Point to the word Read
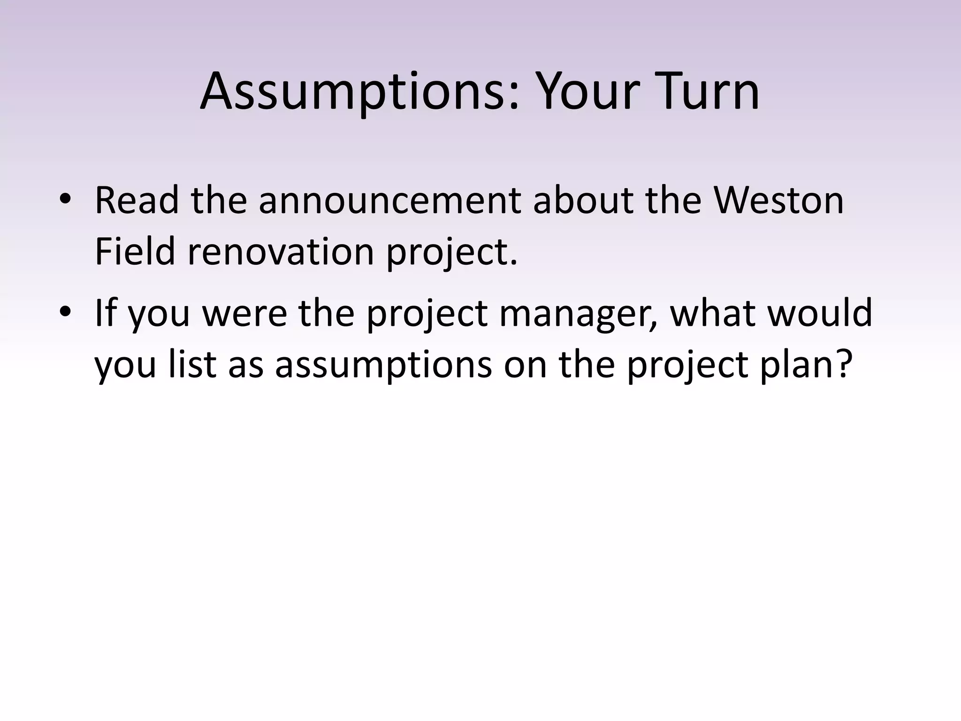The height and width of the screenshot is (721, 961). coord(137,201)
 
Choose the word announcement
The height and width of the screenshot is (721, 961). coord(389,201)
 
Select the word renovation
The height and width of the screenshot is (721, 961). coord(281,252)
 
